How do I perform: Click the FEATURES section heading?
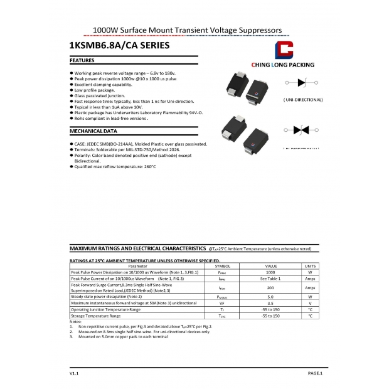82,60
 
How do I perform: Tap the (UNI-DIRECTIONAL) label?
303,100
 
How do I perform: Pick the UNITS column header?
310,266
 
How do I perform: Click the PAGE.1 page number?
314,373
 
